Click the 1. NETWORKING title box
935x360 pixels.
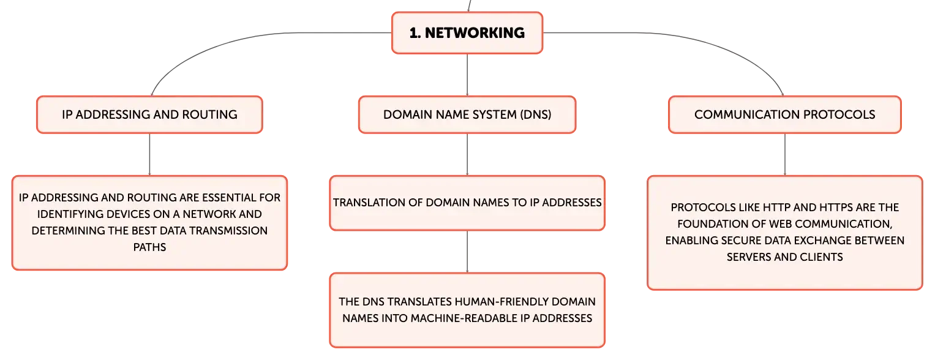[x=467, y=33]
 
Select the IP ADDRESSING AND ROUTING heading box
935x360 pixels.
[x=149, y=114]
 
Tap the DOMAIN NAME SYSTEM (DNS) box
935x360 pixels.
[x=467, y=114]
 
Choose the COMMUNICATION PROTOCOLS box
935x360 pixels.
[x=785, y=114]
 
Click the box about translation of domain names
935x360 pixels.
[x=467, y=203]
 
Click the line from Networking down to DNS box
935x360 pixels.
[x=467, y=75]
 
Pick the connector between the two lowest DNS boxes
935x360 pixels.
[x=467, y=252]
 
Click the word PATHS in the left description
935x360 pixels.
[x=149, y=247]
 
